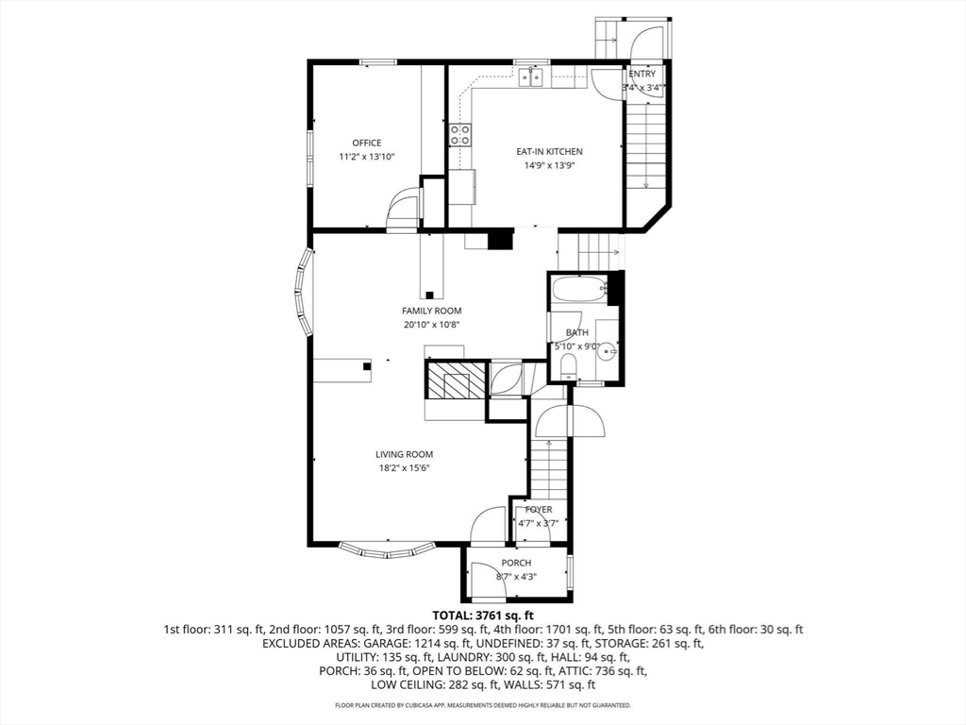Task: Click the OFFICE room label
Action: pyautogui.click(x=367, y=143)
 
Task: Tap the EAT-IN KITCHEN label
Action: pyautogui.click(x=549, y=152)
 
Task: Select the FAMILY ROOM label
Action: pyautogui.click(x=431, y=312)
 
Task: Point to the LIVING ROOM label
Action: pyautogui.click(x=404, y=455)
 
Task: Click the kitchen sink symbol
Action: pyautogui.click(x=530, y=77)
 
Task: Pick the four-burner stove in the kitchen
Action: pyautogui.click(x=460, y=135)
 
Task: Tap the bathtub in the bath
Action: pyautogui.click(x=579, y=290)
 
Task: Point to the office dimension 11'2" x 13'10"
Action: pyautogui.click(x=367, y=158)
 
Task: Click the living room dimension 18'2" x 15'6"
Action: pyautogui.click(x=404, y=468)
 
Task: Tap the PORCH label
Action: pyautogui.click(x=516, y=564)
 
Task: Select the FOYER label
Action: pyautogui.click(x=539, y=510)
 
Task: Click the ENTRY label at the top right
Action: pyautogui.click(x=641, y=74)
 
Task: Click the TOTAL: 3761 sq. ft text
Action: pyautogui.click(x=483, y=615)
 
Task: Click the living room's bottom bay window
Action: pyautogui.click(x=388, y=551)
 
